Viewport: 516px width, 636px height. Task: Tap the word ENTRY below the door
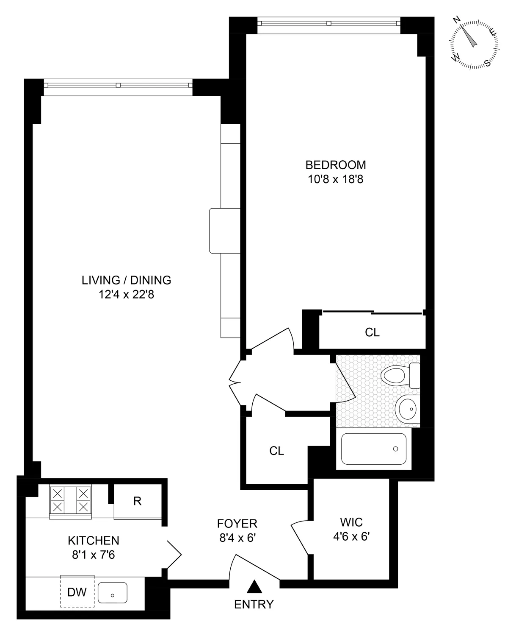coord(254,604)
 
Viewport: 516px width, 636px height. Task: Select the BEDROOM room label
coord(336,165)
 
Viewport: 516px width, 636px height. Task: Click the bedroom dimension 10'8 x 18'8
coord(336,179)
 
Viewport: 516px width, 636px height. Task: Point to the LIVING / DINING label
coord(126,280)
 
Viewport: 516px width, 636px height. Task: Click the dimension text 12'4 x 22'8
coord(126,294)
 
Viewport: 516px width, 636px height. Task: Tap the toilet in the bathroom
coord(400,375)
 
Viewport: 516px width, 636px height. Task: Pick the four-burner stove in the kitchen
coord(71,501)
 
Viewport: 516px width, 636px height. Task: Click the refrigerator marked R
coord(137,501)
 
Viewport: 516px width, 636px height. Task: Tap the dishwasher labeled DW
coord(77,592)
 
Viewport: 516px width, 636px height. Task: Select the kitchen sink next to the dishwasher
coord(113,593)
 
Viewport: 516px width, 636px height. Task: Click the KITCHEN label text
coord(94,541)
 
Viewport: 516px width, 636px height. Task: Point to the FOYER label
coord(237,524)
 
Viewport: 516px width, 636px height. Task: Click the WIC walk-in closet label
coord(351,522)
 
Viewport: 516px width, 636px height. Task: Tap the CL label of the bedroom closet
coord(372,333)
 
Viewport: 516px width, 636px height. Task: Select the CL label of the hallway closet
coord(276,451)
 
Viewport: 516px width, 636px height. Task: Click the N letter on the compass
coord(457,20)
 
